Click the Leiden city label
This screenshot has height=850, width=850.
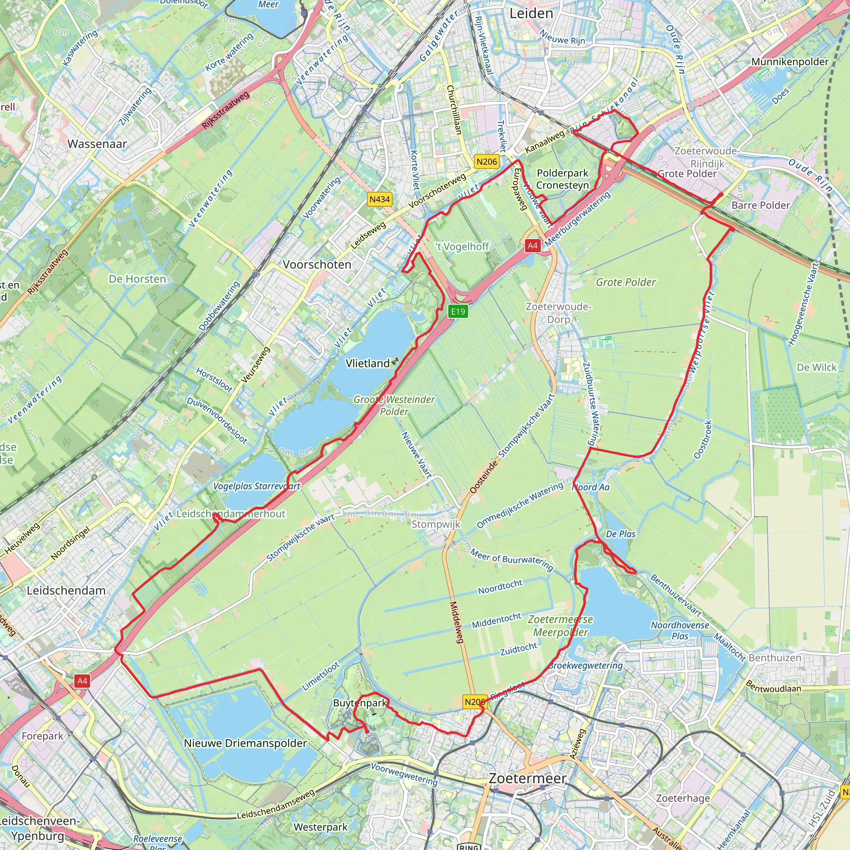531,14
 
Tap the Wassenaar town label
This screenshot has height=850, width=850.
97,144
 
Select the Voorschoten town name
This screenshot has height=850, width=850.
317,264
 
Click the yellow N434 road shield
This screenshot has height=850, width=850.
379,199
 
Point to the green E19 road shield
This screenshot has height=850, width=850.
457,312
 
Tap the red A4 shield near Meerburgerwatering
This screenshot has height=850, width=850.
532,246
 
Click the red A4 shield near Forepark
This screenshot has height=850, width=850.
82,681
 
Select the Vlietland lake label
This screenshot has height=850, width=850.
368,363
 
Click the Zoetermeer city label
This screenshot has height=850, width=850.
528,778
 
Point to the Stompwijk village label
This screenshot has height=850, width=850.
435,524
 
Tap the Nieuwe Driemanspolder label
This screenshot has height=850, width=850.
245,743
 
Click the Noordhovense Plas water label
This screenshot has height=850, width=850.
680,630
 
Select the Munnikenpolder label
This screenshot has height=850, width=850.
790,61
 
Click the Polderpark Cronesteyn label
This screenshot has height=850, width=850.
562,179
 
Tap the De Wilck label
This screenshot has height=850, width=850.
816,367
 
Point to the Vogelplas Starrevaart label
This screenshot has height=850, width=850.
256,486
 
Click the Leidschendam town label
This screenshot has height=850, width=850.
66,591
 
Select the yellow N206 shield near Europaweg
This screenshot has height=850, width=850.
486,161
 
